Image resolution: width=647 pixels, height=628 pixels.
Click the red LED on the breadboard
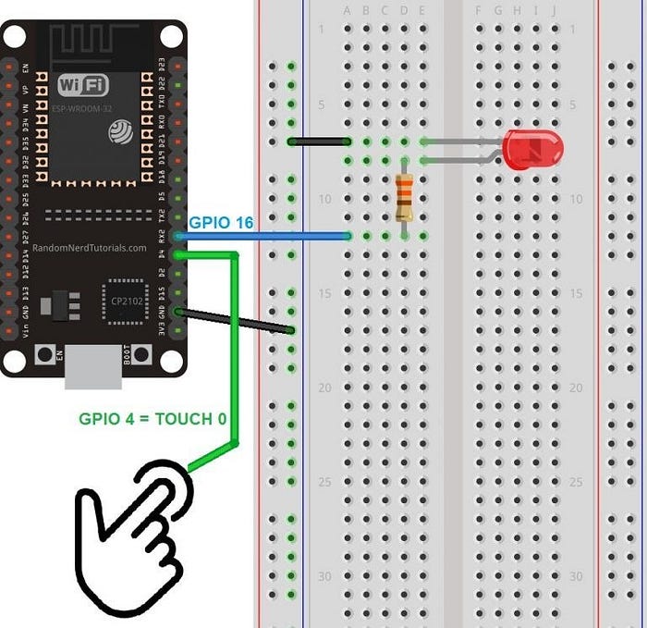click(532, 149)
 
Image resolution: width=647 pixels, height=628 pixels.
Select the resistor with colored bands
click(404, 197)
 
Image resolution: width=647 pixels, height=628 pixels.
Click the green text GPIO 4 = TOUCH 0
click(152, 418)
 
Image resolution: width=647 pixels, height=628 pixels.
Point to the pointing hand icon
click(139, 536)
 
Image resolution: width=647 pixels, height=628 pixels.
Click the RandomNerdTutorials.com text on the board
click(89, 248)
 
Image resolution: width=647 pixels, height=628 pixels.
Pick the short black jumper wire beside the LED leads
click(319, 142)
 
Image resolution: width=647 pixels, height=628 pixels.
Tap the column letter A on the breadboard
click(348, 11)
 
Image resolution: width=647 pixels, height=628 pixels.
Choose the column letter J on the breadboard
click(554, 11)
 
